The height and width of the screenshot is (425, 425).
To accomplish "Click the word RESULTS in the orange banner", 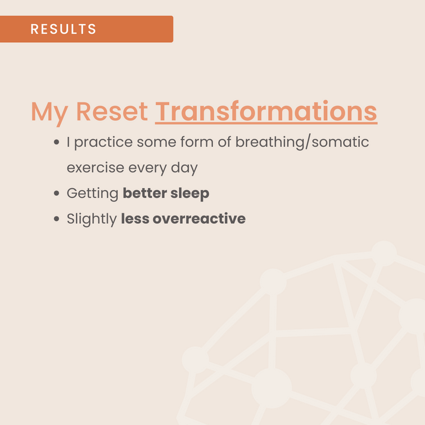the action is coord(63,29).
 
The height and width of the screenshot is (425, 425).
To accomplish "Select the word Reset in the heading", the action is coord(112,111).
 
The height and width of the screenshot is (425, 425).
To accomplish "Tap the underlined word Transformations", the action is coord(266,112).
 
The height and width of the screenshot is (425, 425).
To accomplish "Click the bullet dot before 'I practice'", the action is coord(56,142).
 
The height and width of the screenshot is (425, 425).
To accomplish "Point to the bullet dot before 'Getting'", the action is coord(56,193).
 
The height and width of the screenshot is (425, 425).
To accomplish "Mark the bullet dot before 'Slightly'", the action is coord(56,219).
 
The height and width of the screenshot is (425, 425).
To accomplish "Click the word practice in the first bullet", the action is coord(103,143).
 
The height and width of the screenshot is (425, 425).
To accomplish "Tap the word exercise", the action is coord(96,168).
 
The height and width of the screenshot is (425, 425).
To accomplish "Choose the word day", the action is coord(184,168).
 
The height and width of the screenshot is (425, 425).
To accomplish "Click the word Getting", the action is coord(92,194).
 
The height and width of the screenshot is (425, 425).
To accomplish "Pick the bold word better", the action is coord(144,193).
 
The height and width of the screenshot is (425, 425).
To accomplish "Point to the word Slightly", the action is coord(92,219).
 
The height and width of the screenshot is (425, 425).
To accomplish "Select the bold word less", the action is coord(135,219).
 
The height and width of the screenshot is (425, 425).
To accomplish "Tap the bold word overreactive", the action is coord(199,219).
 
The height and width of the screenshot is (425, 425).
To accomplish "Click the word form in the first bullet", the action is coord(197,142).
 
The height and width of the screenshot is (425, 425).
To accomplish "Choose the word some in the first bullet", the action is coord(156,143).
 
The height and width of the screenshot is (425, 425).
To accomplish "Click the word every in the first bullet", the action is coord(147,169).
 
